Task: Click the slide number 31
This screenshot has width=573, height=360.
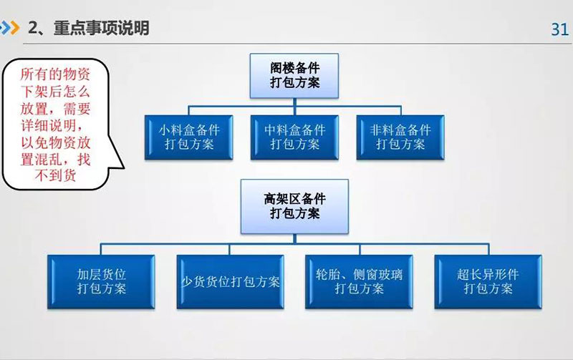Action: click(559, 29)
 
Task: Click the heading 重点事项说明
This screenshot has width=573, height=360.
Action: click(101, 28)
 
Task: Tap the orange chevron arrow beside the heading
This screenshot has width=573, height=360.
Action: click(14, 28)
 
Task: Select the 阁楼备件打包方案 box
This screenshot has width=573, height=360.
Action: click(294, 76)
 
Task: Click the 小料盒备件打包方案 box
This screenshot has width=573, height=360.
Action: click(188, 137)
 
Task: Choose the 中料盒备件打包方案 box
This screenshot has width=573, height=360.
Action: click(294, 137)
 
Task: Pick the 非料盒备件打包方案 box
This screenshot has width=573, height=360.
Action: click(400, 137)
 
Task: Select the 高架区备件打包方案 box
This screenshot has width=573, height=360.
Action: click(294, 207)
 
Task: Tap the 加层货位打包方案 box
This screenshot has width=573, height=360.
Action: click(101, 282)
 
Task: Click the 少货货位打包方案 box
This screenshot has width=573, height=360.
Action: click(230, 282)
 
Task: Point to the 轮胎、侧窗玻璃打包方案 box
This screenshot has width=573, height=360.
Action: click(360, 282)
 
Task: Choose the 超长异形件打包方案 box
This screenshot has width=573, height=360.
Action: click(488, 282)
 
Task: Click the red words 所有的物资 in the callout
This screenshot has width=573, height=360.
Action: click(55, 74)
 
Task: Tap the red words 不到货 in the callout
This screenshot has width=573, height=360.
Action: click(56, 176)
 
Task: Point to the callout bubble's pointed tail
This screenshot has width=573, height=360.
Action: click(123, 168)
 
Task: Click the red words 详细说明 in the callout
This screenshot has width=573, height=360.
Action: click(48, 125)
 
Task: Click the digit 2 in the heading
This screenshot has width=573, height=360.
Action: click(33, 28)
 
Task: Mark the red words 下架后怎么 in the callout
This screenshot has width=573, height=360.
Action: click(55, 92)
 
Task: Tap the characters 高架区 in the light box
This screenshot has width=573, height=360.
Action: click(282, 200)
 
